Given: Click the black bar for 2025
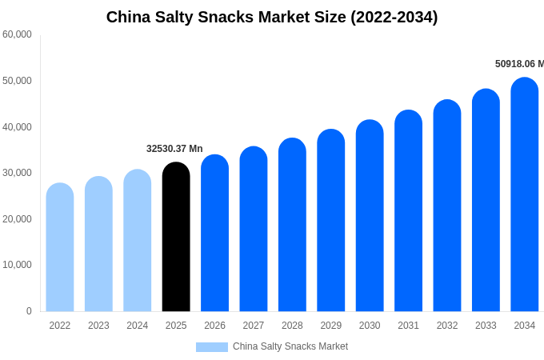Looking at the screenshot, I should [176, 238].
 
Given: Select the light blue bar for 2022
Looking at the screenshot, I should [60, 248].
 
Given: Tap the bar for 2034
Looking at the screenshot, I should [525, 195].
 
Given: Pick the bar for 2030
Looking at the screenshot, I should [370, 216].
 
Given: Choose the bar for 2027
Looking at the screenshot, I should [254, 230].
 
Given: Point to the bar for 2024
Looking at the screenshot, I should [138, 241].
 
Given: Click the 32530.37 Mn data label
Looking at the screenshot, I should [174, 149].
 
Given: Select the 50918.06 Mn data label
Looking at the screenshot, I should [519, 64].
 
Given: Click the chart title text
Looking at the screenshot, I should [272, 17].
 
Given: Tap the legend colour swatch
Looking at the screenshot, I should [212, 347].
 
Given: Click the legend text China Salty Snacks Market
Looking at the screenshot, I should [290, 346].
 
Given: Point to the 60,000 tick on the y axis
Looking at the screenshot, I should [17, 34].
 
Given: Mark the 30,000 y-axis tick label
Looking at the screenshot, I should [17, 173].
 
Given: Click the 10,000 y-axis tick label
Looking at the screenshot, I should [17, 265].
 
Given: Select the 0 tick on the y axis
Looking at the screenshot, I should [29, 311].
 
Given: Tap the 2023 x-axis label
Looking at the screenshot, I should [98, 326].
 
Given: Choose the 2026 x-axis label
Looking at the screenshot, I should [214, 326].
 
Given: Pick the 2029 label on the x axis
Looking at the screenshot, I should [331, 326].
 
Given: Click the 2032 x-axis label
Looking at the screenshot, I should [447, 326].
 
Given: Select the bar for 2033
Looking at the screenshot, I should [486, 201].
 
